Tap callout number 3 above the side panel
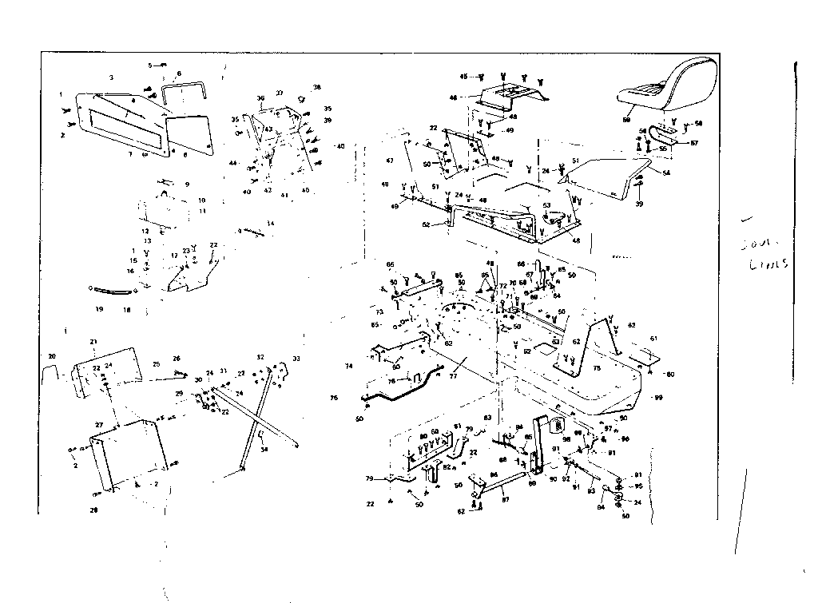tap(112, 77)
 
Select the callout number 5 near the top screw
tap(149, 64)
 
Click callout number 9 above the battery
tap(187, 184)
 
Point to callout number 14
tap(271, 224)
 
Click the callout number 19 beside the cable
tap(99, 307)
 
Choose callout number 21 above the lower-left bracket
tap(93, 342)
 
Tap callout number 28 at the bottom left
tap(93, 509)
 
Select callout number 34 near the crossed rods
tap(264, 450)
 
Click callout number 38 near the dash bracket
tap(316, 87)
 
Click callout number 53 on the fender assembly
tap(546, 205)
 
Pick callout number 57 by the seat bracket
tap(694, 144)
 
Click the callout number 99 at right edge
tap(658, 397)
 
